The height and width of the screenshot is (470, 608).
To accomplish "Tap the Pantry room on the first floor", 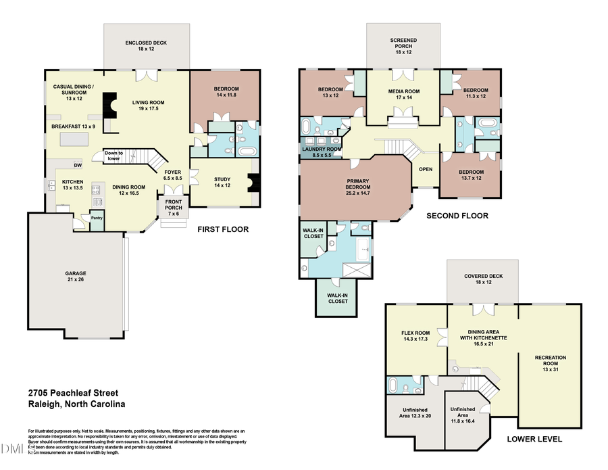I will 97,219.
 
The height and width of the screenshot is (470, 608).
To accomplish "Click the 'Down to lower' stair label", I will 113,156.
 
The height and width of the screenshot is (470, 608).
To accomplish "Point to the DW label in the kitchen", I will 78,165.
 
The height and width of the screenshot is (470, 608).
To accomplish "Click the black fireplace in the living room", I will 107,105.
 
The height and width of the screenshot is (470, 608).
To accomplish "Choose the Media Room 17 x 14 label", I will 403,95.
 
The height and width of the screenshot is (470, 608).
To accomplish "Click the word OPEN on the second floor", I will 426,169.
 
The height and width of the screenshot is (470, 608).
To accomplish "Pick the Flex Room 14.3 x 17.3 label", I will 416,335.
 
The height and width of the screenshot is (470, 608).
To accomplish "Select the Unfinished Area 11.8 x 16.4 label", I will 463,414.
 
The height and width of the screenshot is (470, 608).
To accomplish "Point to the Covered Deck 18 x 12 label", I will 482,280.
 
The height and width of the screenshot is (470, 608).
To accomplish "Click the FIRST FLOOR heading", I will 223,230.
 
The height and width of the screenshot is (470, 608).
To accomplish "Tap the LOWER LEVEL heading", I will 534,439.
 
